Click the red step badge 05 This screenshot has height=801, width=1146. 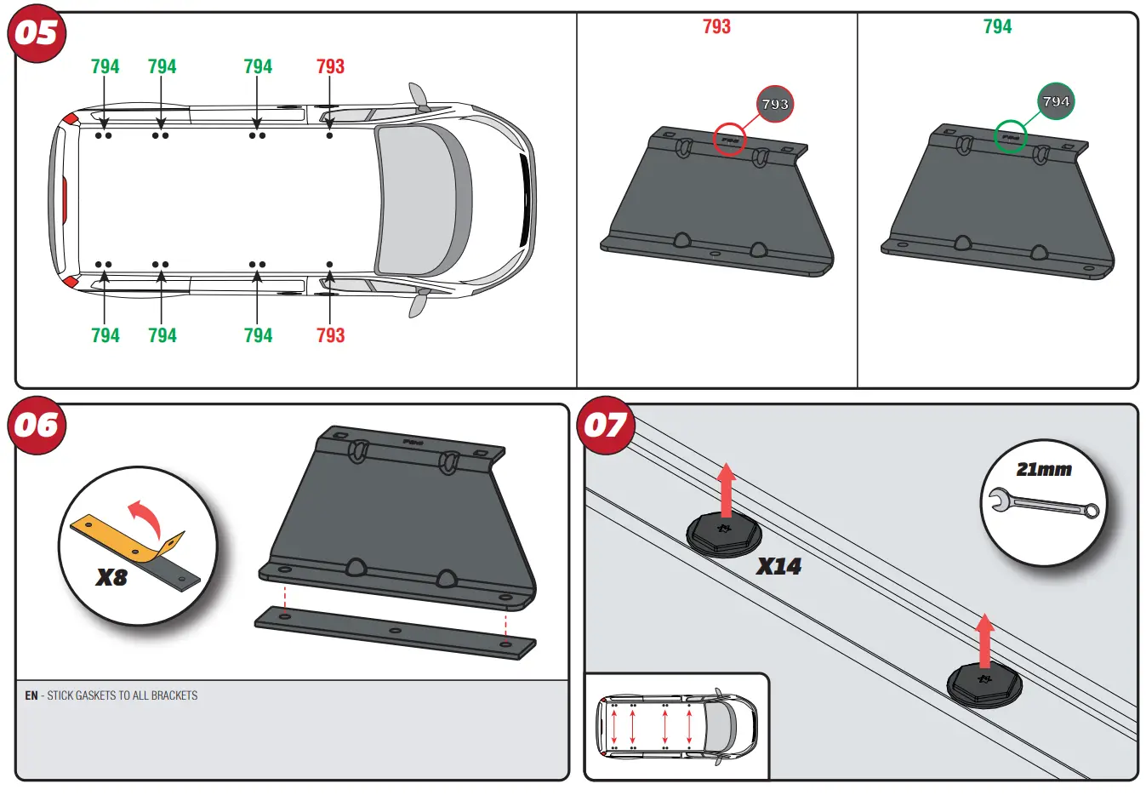(x=37, y=34)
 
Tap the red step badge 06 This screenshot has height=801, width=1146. (x=37, y=425)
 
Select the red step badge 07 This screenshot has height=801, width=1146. (x=605, y=425)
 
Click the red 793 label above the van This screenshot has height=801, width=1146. (x=330, y=66)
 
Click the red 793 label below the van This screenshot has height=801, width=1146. (x=330, y=335)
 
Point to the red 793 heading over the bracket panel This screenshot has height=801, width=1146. (x=716, y=26)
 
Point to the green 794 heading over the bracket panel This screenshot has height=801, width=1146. (x=997, y=26)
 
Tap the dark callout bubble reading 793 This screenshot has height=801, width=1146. (x=774, y=104)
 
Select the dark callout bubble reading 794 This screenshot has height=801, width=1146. (x=1056, y=101)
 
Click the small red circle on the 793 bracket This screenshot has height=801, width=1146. (x=729, y=140)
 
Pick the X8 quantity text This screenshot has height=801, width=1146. (x=111, y=577)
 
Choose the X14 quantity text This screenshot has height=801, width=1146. (x=778, y=566)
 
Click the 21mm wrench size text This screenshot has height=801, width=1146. (x=1044, y=469)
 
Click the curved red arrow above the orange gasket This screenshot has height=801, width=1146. (x=145, y=517)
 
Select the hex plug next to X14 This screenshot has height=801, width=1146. (x=723, y=534)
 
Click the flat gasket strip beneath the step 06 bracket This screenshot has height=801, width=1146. (x=395, y=632)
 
